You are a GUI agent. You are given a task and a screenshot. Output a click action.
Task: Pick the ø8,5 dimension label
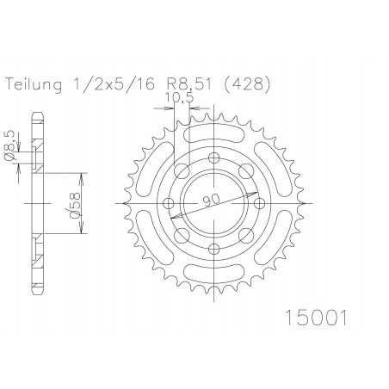(x=9, y=146)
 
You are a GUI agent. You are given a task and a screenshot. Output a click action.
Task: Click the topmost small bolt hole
(x=215, y=157)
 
